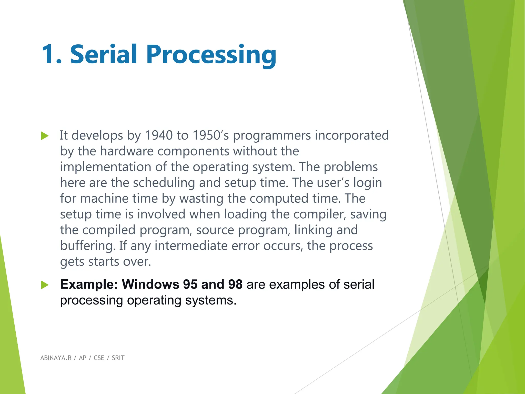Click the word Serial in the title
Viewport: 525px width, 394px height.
pos(104,54)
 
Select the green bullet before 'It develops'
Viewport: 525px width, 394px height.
pos(45,136)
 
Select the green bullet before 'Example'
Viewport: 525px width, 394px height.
pos(45,285)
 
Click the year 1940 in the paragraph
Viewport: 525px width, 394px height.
pos(159,135)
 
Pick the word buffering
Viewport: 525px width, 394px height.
pos(87,246)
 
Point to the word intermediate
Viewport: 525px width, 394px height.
pos(191,246)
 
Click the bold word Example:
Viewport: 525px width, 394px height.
pos(89,284)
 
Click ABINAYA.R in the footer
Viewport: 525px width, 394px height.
pos(56,358)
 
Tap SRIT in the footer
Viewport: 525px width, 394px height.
pos(118,358)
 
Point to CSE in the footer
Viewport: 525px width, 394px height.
pos(99,358)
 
